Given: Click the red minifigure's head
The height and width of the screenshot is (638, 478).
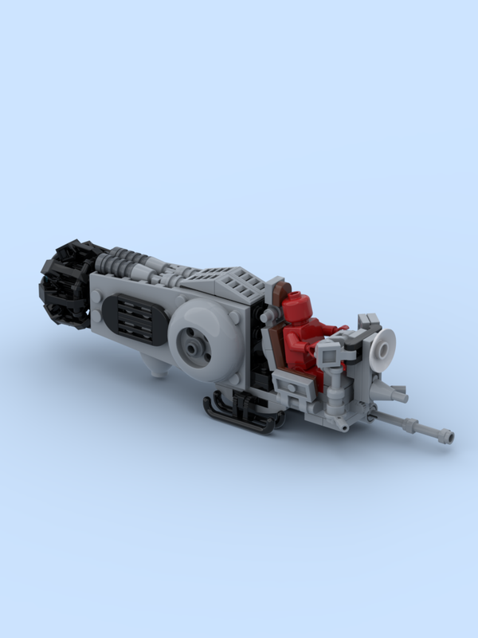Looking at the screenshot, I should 296,305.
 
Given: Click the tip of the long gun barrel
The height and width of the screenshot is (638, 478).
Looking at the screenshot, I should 449,436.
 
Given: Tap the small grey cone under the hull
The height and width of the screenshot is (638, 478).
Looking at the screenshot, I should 160,368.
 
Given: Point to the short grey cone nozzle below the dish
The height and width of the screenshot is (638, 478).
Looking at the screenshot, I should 396,392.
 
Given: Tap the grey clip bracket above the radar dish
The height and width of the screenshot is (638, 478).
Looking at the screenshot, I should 369,323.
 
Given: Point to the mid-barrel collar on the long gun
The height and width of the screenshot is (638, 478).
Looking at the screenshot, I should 413,423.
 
